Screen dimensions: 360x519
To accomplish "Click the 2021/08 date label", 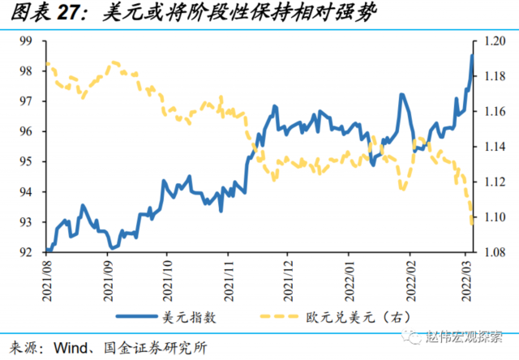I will point(48,278).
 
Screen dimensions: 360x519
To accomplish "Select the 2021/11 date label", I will point(229,278).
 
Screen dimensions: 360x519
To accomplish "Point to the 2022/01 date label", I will point(350,278).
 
